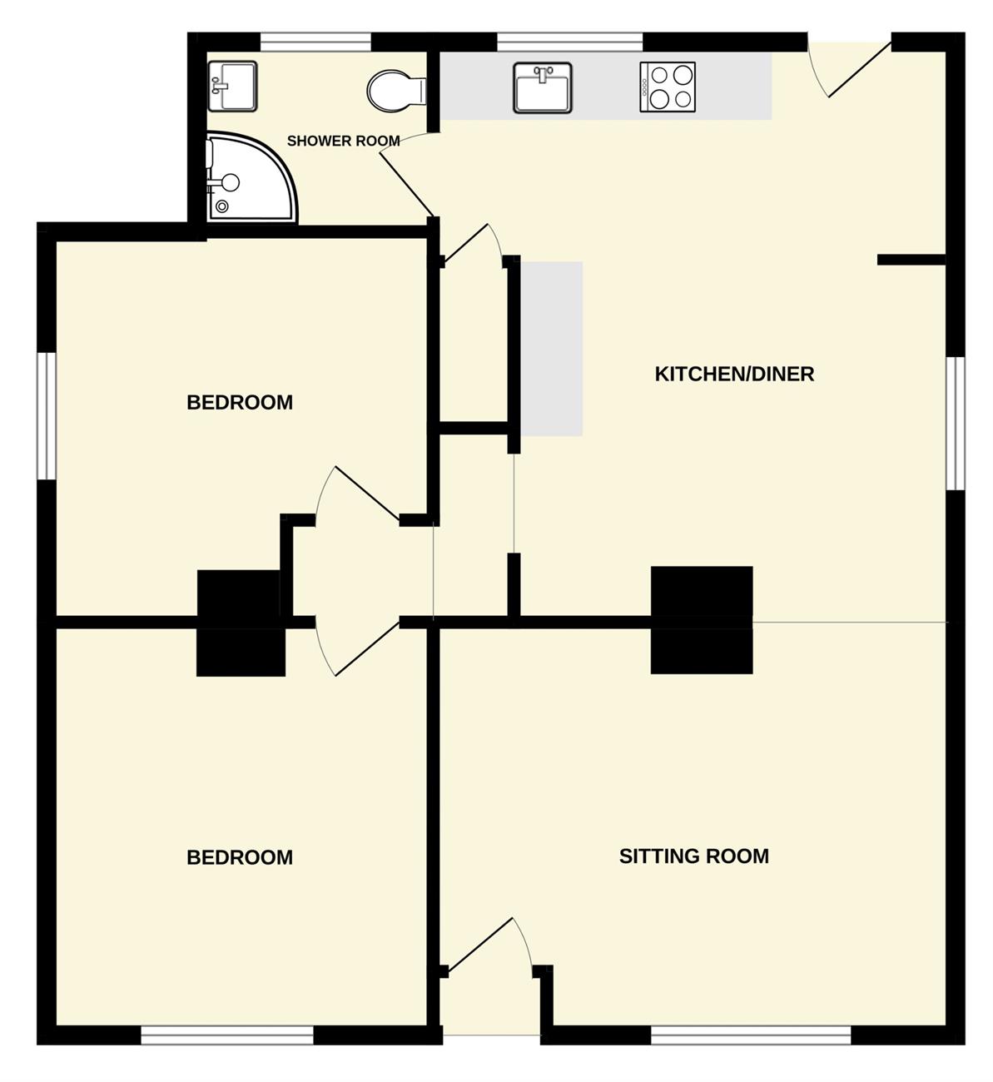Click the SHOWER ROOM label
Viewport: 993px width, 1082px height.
point(343,141)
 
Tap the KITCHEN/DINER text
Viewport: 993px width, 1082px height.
point(734,375)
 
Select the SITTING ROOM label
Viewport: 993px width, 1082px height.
point(694,856)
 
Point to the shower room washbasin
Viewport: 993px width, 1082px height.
point(232,86)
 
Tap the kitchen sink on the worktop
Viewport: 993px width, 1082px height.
point(543,88)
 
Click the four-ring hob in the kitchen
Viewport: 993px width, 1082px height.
point(668,87)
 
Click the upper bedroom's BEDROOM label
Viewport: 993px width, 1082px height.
point(240,402)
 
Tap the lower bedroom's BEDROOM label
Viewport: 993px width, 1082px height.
point(240,857)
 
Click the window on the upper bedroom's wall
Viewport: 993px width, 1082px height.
point(47,416)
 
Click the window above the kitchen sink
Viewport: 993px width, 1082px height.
point(570,42)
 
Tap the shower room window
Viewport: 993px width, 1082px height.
point(316,42)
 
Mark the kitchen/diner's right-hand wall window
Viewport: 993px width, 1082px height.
point(956,424)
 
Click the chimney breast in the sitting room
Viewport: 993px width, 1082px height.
point(702,651)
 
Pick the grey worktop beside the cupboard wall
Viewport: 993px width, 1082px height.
point(552,349)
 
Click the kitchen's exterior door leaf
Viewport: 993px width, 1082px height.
point(860,70)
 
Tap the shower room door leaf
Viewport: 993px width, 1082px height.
point(407,185)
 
